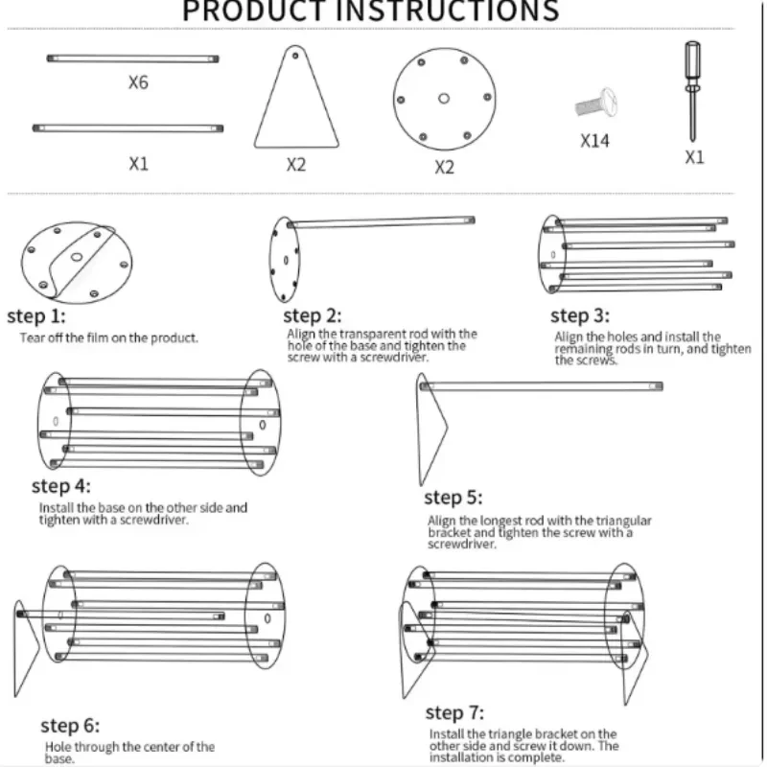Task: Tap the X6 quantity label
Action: pyautogui.click(x=138, y=82)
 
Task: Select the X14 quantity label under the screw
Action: pyautogui.click(x=594, y=141)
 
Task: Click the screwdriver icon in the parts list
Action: pyautogui.click(x=690, y=91)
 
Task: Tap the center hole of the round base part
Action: pyautogui.click(x=444, y=98)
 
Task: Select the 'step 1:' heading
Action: pyautogui.click(x=35, y=316)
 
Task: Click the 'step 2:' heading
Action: pyautogui.click(x=312, y=316)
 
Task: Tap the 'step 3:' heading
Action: pyautogui.click(x=580, y=315)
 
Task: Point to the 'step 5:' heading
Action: pyautogui.click(x=453, y=498)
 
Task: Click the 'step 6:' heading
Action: pyautogui.click(x=69, y=726)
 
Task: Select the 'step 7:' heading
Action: pyautogui.click(x=454, y=712)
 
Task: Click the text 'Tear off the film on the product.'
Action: pyautogui.click(x=109, y=337)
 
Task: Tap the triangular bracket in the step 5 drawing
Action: pyautogui.click(x=429, y=427)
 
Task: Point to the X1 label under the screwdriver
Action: pyautogui.click(x=694, y=157)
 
